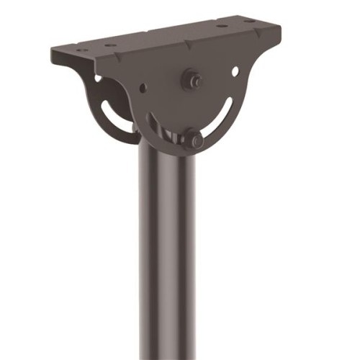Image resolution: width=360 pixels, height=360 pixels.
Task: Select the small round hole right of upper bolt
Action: click(x=235, y=71)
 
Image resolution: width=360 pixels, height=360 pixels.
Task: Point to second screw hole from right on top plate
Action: click(x=222, y=27)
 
